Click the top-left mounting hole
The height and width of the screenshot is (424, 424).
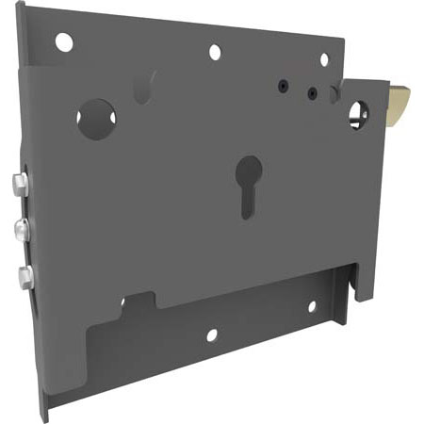coord(63,41)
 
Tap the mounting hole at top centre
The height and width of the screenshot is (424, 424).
coord(215,52)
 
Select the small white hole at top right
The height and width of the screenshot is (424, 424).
coord(324,59)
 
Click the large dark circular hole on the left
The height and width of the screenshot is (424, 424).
coord(95,119)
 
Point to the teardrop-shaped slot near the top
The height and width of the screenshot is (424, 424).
coord(143,89)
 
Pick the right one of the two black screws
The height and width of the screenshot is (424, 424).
coord(312,93)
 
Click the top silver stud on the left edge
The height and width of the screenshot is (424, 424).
coord(19,184)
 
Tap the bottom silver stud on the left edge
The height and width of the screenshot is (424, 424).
coord(22,276)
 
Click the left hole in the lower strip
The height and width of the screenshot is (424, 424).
coord(212,334)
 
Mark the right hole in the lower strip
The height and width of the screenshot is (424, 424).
coord(311,305)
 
